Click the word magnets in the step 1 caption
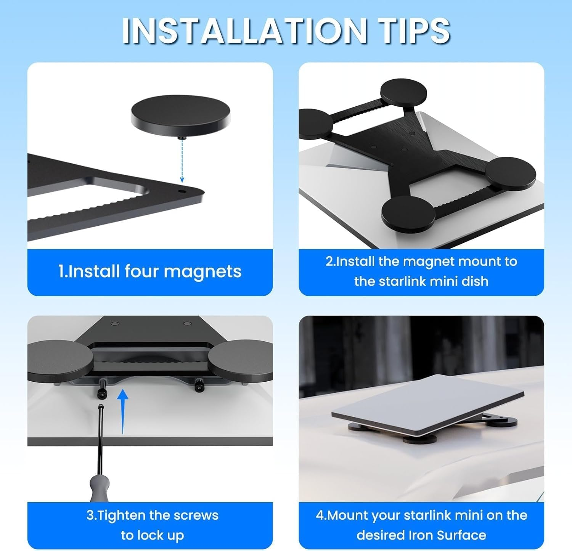(x=202, y=271)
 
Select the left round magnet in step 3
(x=59, y=360)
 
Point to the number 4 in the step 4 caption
(x=320, y=515)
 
